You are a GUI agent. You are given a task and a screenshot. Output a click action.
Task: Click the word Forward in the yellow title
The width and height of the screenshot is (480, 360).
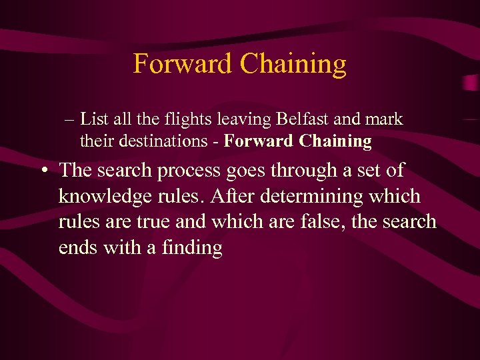[182, 64]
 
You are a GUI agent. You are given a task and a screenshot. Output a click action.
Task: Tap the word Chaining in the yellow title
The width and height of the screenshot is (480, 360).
[293, 64]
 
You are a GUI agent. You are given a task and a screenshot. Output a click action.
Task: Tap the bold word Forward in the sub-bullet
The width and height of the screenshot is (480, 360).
[259, 141]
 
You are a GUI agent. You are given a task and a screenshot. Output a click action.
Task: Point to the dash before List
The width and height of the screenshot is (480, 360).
[70, 120]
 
